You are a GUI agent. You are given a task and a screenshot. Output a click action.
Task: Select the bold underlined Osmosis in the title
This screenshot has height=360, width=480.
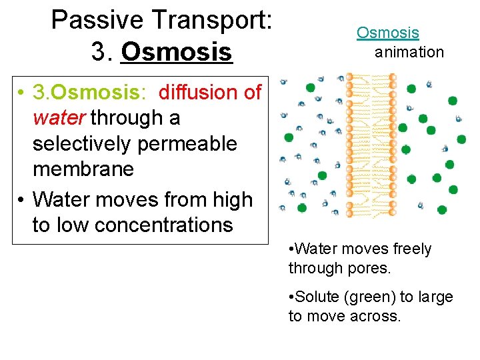pyautogui.click(x=177, y=52)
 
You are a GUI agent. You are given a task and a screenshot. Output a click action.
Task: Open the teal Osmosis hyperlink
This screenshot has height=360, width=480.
pyautogui.click(x=387, y=32)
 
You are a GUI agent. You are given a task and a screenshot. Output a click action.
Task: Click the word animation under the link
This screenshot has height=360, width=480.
pyautogui.click(x=409, y=52)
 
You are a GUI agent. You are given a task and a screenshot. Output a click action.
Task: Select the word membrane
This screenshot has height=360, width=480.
pyautogui.click(x=83, y=169)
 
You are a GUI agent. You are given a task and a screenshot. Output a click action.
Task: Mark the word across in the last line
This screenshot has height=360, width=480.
pyautogui.click(x=375, y=316)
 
